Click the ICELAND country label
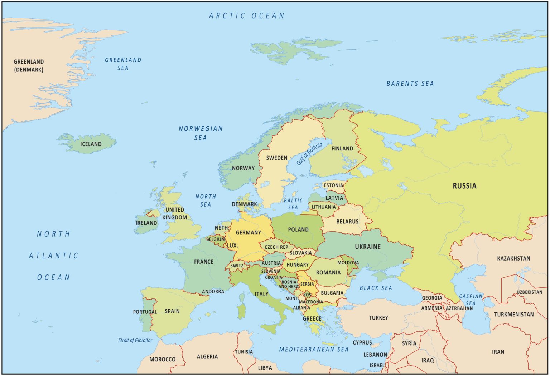[91, 144]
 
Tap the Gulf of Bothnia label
[309, 154]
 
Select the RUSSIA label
[464, 186]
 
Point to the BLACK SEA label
[376, 288]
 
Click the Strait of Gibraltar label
[135, 340]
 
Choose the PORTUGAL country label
[145, 312]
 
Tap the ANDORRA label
[213, 292]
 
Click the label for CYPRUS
[362, 342]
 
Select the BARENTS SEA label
[410, 84]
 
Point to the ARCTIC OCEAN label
[247, 16]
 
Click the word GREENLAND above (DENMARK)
[29, 62]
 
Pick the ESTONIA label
[333, 185]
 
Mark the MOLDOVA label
[348, 263]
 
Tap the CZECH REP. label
[277, 247]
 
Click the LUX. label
[232, 246]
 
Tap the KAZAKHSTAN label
[513, 258]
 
